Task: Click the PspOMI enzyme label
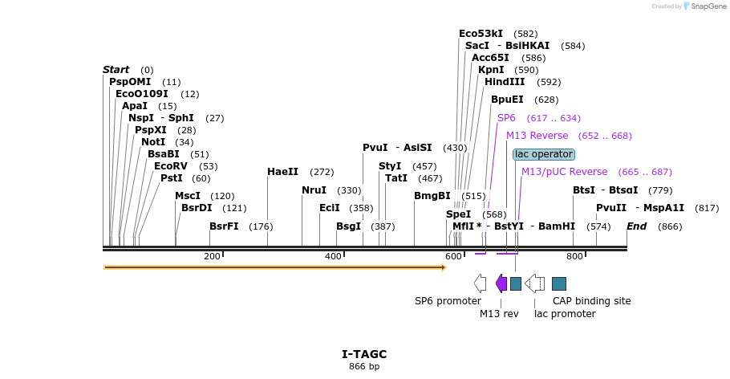[x=129, y=82]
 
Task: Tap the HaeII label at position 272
[x=282, y=172]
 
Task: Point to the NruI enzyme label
[x=314, y=190]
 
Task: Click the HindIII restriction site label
[x=505, y=82]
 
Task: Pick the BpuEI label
[x=507, y=100]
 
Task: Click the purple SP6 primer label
[x=506, y=118]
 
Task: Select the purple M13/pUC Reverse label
[x=564, y=172]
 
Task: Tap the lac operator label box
[x=544, y=153]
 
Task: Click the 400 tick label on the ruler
[x=333, y=256]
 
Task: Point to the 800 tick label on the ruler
[x=574, y=256]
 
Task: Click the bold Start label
[x=116, y=70]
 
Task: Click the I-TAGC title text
[x=364, y=354]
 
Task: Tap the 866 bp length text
[x=364, y=366]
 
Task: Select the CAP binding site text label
[x=591, y=301]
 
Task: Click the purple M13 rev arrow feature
[x=501, y=283]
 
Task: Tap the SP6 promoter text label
[x=448, y=301]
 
